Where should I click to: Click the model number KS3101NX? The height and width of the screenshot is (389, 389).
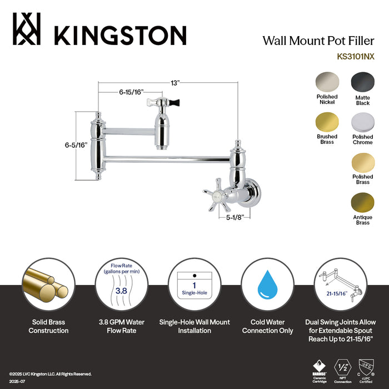tap(356, 56)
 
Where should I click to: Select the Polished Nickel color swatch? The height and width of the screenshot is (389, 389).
tap(327, 83)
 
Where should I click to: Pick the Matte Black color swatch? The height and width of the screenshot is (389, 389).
tap(362, 83)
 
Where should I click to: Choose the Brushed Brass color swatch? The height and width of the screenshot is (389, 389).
tap(327, 123)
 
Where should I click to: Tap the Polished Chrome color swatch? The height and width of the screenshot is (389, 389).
tap(362, 123)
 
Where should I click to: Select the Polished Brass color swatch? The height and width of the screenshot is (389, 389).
tap(362, 163)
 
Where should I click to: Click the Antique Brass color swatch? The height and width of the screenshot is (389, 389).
tap(362, 203)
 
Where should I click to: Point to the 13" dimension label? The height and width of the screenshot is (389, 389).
tap(176, 83)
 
